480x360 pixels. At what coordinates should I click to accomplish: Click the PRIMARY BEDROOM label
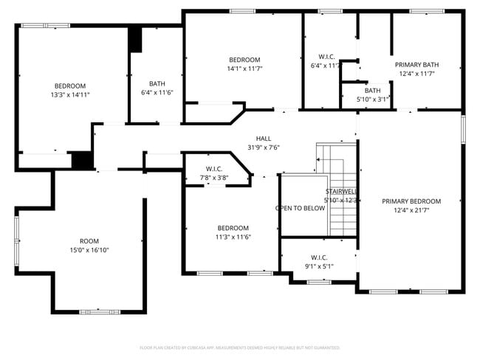(x=411, y=201)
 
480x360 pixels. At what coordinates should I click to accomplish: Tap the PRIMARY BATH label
(x=416, y=64)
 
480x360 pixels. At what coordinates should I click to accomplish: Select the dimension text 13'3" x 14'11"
(x=70, y=95)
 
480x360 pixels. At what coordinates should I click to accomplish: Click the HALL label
(x=263, y=139)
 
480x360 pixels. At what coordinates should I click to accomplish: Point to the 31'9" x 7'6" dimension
(x=263, y=148)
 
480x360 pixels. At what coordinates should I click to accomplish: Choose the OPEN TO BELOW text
(x=301, y=208)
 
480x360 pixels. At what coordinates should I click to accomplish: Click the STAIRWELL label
(x=341, y=192)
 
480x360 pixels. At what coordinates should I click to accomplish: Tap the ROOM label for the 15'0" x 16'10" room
(x=89, y=241)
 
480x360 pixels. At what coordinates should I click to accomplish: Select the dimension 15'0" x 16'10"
(x=89, y=250)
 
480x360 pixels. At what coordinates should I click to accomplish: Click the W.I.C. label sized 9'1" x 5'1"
(x=319, y=257)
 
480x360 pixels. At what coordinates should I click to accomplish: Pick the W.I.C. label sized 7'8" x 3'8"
(x=214, y=169)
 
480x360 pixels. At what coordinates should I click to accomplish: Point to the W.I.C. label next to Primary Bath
(x=326, y=57)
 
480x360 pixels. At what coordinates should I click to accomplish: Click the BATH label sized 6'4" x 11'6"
(x=157, y=83)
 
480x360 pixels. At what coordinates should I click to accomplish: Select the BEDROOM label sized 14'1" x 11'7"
(x=244, y=60)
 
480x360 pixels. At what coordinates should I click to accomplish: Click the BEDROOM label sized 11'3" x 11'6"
(x=233, y=228)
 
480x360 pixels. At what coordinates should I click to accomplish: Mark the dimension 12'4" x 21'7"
(x=411, y=210)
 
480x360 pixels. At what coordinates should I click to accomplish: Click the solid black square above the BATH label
(x=135, y=40)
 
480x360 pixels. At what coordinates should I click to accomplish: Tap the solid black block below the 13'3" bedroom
(x=83, y=160)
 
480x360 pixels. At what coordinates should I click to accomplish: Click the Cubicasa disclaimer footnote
(x=240, y=347)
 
